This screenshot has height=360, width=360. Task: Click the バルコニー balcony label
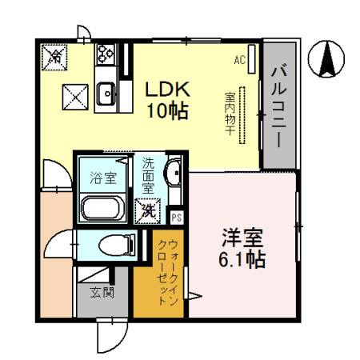(x=278, y=104)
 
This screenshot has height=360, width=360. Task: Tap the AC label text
(x=238, y=59)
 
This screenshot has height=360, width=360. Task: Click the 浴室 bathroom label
(x=102, y=178)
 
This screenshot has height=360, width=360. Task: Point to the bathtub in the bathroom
(x=102, y=210)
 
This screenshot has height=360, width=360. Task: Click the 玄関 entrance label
(x=102, y=292)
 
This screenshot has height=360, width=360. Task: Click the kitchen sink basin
(x=105, y=97)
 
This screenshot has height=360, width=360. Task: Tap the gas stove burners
(x=105, y=54)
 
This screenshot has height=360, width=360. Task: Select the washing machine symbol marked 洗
(x=147, y=211)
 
